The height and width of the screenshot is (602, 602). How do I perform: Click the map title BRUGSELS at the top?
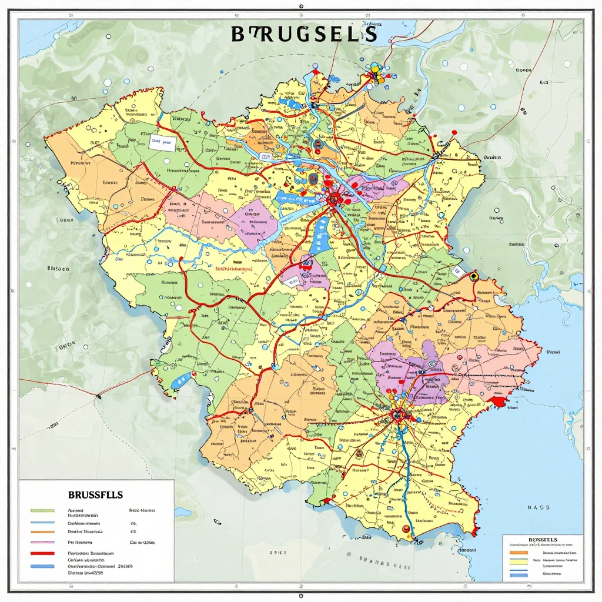click(x=304, y=34)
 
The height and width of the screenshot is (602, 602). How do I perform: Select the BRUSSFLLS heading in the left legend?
click(x=95, y=494)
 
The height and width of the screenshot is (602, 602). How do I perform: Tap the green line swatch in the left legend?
click(x=42, y=510)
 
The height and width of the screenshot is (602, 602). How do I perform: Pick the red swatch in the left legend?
click(x=42, y=554)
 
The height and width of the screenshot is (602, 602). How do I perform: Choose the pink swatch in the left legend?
click(x=42, y=543)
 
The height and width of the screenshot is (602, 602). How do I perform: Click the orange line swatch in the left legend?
click(x=42, y=532)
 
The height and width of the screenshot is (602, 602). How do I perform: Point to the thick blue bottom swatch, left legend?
click(x=42, y=566)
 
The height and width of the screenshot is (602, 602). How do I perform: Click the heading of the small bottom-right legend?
click(x=543, y=539)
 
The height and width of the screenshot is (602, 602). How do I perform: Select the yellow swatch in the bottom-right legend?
click(x=518, y=561)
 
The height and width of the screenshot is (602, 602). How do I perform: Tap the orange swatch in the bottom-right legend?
click(x=518, y=553)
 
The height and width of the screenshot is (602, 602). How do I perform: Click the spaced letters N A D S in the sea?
click(x=539, y=507)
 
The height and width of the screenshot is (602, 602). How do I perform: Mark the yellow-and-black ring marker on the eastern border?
click(x=474, y=276)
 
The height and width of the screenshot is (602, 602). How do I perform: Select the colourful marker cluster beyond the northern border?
click(x=375, y=73)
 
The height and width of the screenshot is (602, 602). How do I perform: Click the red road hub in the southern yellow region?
click(x=397, y=415)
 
